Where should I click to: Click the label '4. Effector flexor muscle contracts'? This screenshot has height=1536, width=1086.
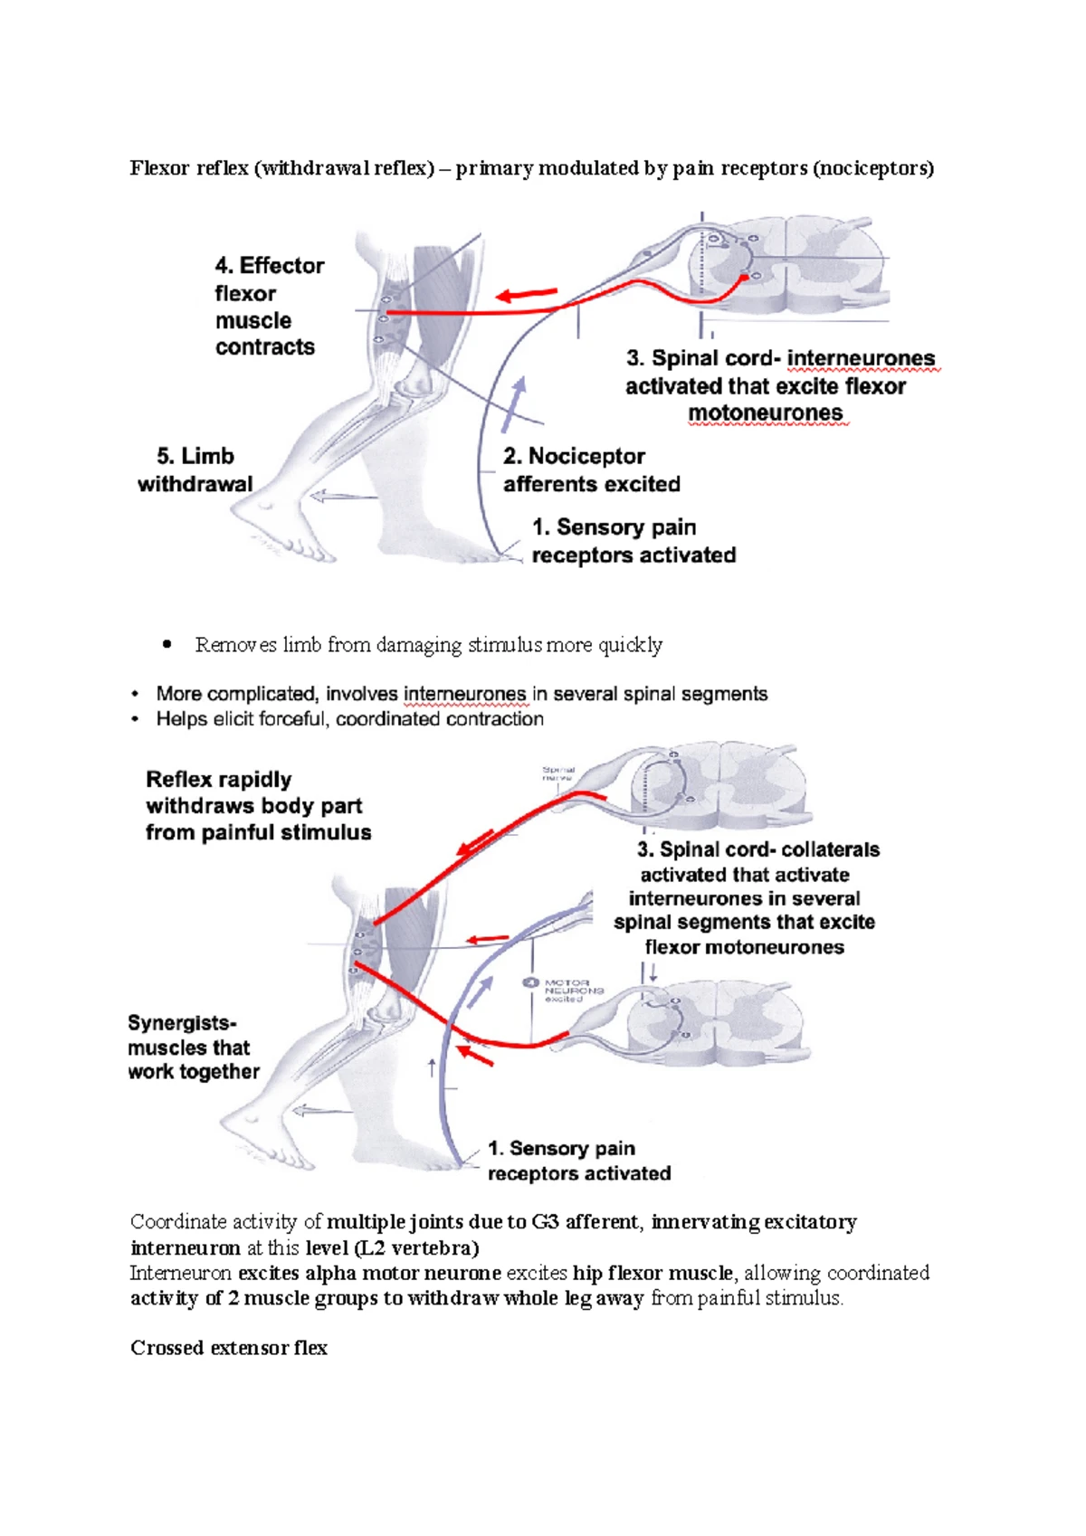tap(268, 306)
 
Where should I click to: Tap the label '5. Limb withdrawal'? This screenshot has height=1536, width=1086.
tap(195, 469)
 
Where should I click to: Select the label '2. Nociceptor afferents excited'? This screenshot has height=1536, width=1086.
tap(591, 469)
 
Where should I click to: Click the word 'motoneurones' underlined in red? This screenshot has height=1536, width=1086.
tap(765, 413)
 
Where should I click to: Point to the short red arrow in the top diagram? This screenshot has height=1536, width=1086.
tap(527, 294)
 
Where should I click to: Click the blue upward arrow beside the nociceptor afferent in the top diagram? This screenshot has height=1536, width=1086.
tap(514, 404)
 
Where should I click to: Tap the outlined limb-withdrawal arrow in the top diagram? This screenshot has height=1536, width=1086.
tap(343, 496)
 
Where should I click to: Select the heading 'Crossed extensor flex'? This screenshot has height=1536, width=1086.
tap(229, 1348)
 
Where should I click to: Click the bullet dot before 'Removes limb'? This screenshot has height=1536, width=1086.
tap(166, 645)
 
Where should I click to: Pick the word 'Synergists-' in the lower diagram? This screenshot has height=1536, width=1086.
tap(182, 1023)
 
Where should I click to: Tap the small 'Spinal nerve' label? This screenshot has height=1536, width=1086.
tap(557, 773)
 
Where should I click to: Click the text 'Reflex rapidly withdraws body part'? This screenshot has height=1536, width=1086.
tap(253, 792)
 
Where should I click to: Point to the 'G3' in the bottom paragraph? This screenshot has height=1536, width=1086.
tap(545, 1222)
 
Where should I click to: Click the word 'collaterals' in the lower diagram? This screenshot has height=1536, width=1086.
tap(830, 850)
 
